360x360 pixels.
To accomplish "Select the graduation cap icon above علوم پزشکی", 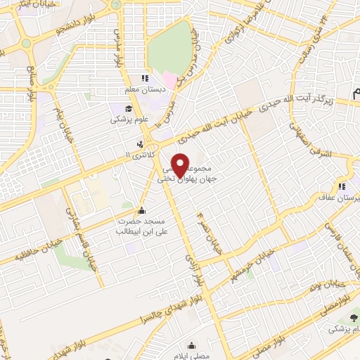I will [x=129, y=108].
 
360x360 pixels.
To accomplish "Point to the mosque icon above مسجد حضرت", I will [x=143, y=210].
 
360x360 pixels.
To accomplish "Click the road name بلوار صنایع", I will [x=31, y=85].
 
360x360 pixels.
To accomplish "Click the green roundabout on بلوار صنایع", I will [x=27, y=44].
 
